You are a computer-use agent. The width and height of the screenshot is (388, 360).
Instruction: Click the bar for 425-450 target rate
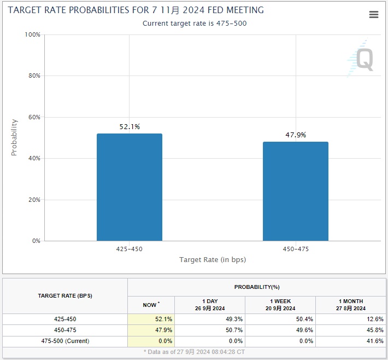(x=130, y=187)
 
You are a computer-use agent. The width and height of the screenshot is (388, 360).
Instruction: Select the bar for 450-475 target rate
(x=296, y=191)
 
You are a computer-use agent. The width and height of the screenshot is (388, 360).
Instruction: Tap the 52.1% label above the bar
(x=130, y=127)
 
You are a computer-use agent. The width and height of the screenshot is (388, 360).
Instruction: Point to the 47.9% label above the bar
(x=296, y=135)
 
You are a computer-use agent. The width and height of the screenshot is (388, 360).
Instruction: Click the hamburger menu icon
(x=374, y=15)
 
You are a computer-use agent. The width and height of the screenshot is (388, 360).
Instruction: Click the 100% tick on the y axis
(x=33, y=34)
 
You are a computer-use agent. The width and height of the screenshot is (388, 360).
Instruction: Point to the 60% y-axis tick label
(x=34, y=117)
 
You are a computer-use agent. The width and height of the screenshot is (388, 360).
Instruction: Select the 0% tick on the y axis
(x=36, y=241)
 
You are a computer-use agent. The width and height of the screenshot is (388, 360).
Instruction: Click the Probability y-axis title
(x=14, y=137)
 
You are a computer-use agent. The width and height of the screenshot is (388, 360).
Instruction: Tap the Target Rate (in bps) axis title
(x=213, y=260)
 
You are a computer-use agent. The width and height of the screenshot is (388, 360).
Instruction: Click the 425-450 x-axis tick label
(x=130, y=249)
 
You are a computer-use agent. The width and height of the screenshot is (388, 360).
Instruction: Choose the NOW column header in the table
(x=151, y=305)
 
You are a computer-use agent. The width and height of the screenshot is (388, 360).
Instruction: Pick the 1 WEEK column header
(x=280, y=305)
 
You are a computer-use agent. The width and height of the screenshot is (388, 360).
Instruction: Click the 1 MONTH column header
(x=350, y=305)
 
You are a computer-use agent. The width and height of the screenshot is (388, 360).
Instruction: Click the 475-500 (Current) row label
(x=65, y=341)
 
